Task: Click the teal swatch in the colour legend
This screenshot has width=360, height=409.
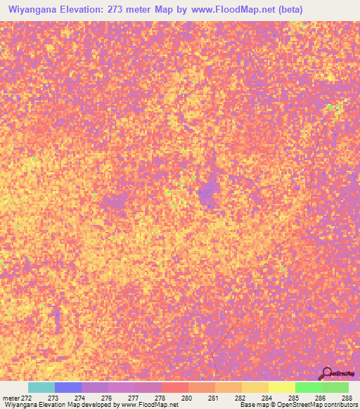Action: tap(41, 387)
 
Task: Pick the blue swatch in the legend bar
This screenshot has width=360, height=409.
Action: tap(68, 387)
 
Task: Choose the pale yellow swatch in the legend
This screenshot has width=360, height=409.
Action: tap(281, 387)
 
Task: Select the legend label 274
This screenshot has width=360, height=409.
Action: tap(79, 398)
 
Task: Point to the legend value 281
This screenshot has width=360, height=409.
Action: tap(212, 398)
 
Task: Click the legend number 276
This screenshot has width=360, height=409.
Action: tap(105, 398)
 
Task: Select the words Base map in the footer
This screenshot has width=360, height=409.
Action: tap(252, 405)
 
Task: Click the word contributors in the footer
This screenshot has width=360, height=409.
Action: tap(340, 405)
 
